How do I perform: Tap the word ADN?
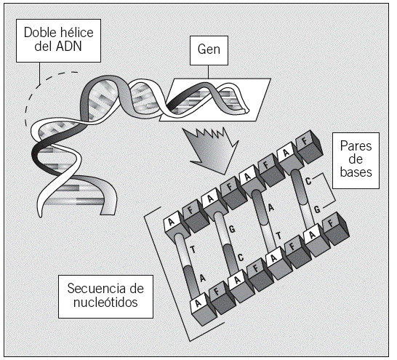pos(69,47)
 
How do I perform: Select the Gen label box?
pos(209,50)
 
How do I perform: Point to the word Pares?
pos(356,146)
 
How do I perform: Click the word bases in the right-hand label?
pos(356,172)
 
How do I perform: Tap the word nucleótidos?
pos(105,302)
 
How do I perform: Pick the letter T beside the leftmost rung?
pos(193,250)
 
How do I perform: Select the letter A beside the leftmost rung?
pos(203,279)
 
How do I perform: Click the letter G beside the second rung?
pos(232,229)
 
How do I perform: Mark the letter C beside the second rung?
pos(241,257)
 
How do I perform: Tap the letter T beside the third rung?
pos(278,236)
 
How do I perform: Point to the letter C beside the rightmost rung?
pos(308,181)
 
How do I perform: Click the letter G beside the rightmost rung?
pos(317,209)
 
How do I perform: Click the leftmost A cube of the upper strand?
pos(177,228)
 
